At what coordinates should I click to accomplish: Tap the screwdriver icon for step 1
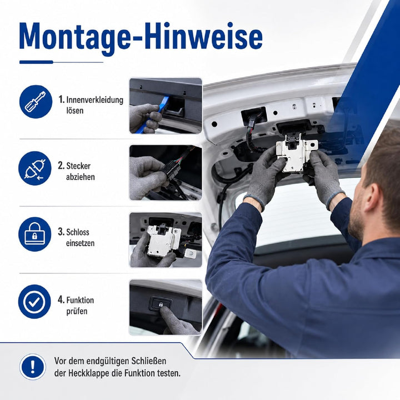click(x=36, y=102)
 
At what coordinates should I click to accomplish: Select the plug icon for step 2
click(x=35, y=168)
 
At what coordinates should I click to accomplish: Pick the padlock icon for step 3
click(x=35, y=234)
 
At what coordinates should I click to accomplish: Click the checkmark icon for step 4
click(x=34, y=302)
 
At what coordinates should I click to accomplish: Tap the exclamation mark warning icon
click(x=33, y=367)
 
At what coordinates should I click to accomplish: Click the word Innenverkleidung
click(x=94, y=100)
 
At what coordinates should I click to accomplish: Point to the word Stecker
click(x=78, y=166)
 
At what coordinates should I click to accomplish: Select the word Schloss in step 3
click(x=78, y=232)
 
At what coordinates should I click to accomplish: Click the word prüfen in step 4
click(x=77, y=312)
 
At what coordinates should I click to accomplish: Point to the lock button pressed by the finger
click(x=161, y=303)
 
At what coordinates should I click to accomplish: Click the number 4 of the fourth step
click(x=61, y=300)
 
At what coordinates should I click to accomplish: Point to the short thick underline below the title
click(x=36, y=62)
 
